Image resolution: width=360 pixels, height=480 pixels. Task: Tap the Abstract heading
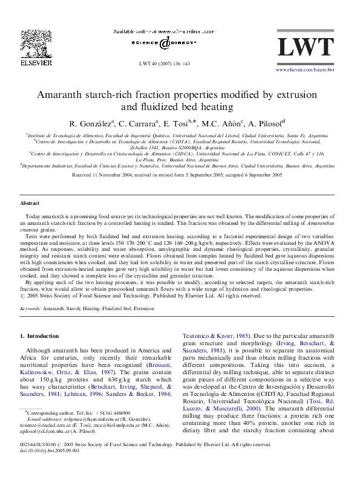click(x=30, y=204)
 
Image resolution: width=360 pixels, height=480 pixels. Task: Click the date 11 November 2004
click(x=115, y=174)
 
